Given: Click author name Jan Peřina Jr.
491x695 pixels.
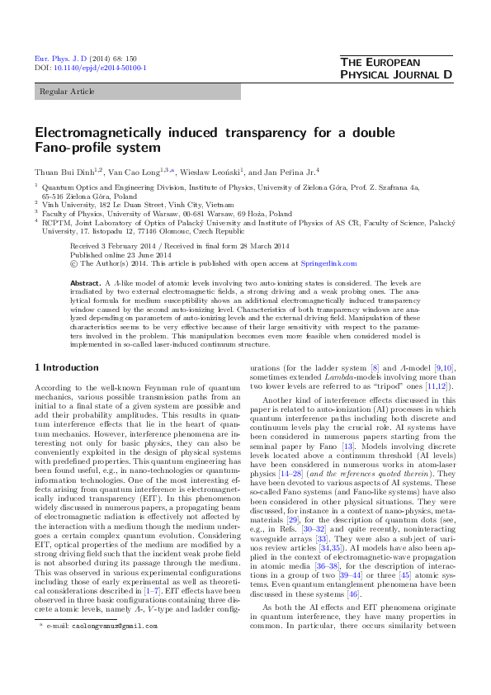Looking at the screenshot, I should coord(290,172).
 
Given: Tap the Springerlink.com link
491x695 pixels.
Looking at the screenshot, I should coord(329,264).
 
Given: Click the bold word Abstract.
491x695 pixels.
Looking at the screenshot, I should coord(85,282).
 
